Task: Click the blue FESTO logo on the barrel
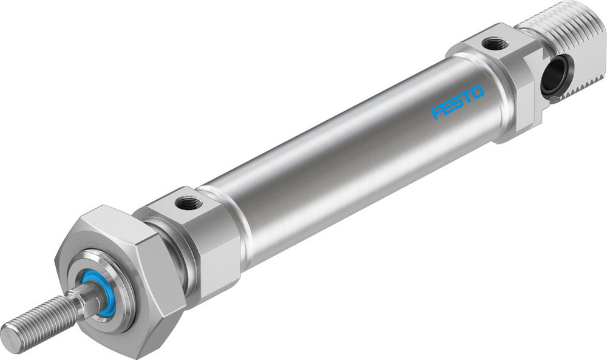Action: (458, 102)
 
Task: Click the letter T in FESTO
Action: (466, 97)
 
